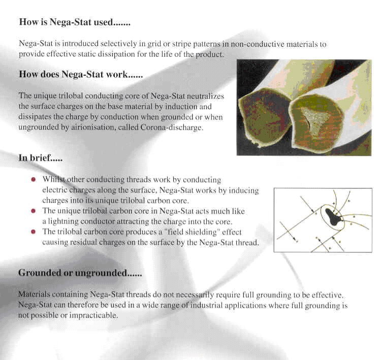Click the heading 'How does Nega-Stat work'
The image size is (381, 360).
pos(80,74)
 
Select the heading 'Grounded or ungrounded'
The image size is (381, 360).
pos(79,273)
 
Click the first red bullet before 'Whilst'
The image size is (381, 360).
pos(33,180)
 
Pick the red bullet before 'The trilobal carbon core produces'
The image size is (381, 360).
pos(33,232)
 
